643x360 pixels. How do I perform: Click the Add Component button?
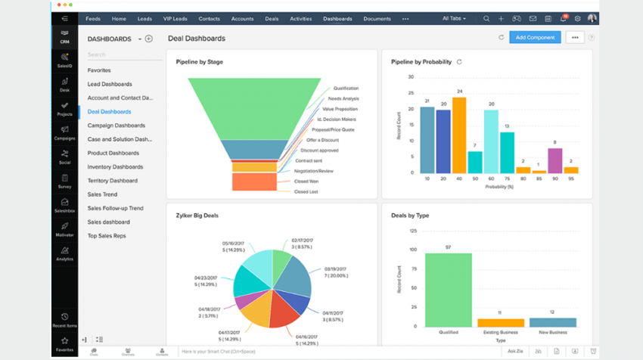coord(535,37)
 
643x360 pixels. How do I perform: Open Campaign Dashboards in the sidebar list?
coord(116,126)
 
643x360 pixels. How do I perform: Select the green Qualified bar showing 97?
coord(448,290)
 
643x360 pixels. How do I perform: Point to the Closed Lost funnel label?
coord(306,192)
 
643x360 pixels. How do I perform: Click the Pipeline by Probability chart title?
coord(421,62)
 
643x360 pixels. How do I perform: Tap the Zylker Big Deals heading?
coord(197,216)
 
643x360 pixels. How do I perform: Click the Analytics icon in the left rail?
coord(65,253)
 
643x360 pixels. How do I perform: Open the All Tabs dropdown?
coord(454,18)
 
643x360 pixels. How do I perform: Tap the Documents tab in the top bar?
coord(377,18)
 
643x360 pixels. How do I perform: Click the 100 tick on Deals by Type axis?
coord(413,249)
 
